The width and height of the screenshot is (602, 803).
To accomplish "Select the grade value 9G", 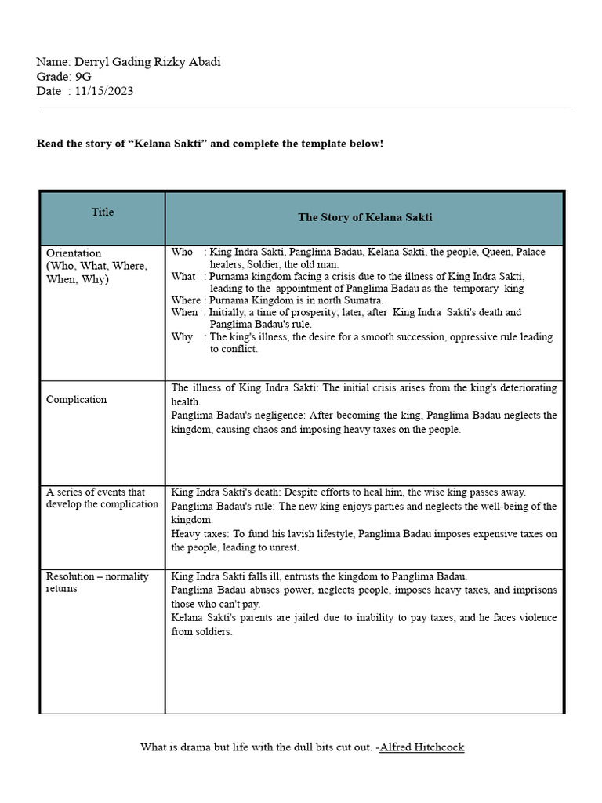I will pyautogui.click(x=82, y=77).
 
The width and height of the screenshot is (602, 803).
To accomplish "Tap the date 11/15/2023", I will pyautogui.click(x=103, y=91).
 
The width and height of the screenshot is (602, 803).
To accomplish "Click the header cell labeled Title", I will pyautogui.click(x=103, y=212).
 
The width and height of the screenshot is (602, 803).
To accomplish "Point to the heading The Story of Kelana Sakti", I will pyautogui.click(x=364, y=217).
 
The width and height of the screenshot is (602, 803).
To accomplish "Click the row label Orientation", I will pyautogui.click(x=74, y=253).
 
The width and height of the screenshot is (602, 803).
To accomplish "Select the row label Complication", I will pyautogui.click(x=76, y=399).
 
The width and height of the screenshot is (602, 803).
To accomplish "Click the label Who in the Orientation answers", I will pyautogui.click(x=182, y=252).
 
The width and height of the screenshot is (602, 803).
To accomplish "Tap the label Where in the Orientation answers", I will pyautogui.click(x=186, y=300).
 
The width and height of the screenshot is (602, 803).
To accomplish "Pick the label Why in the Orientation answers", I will pyautogui.click(x=183, y=336).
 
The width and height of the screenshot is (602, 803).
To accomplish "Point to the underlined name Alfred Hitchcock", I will pyautogui.click(x=422, y=747).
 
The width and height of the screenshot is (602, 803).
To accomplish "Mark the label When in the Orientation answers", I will pyautogui.click(x=185, y=312).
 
